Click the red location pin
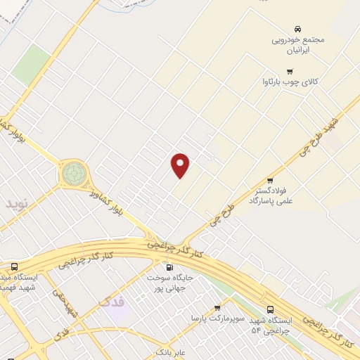point(181,165)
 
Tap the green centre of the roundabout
point(72,173)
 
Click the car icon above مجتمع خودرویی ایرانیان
point(298,29)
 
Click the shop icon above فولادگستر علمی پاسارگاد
point(269,180)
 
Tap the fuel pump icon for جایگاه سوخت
point(169,267)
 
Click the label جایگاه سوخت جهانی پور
point(169,283)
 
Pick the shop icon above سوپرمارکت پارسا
point(217,308)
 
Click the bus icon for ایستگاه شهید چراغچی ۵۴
point(270,309)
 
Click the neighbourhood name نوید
point(18,204)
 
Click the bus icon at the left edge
point(14,267)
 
